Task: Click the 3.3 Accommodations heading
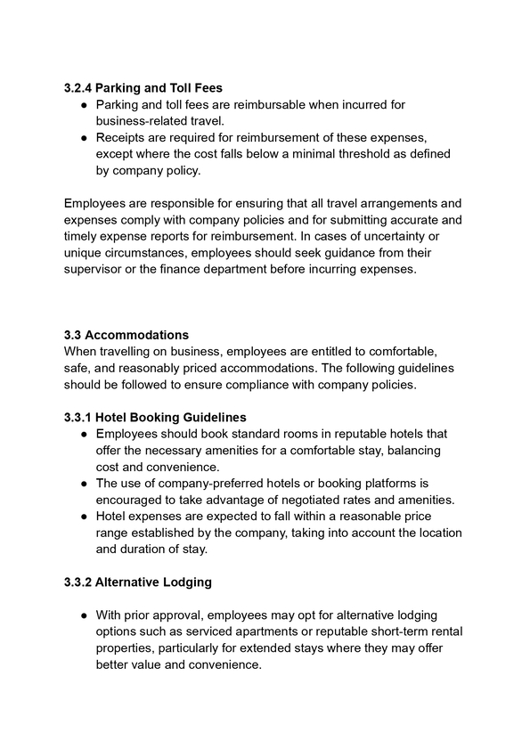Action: point(126,335)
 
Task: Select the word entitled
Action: point(336,352)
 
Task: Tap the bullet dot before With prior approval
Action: point(83,615)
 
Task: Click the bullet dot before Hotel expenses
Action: point(83,517)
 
